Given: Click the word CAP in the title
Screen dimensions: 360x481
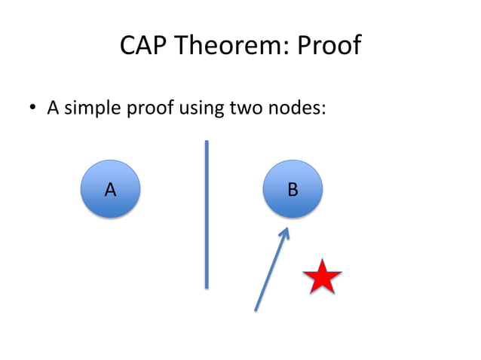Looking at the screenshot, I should (143, 47).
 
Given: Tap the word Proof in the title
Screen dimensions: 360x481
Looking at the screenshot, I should (329, 47).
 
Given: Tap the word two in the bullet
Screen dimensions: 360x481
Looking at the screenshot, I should (242, 108).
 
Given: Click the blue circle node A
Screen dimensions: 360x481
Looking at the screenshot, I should (110, 188).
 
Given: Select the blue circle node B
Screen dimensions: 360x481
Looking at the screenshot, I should (293, 188).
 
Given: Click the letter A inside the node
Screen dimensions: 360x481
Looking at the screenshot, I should (110, 189).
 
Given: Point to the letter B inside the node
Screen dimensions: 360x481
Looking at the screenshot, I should (293, 189).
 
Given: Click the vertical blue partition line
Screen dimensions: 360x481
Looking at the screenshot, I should (206, 215).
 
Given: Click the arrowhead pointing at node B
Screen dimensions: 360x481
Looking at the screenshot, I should (285, 233).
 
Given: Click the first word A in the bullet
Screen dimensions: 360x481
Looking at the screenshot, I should (53, 108).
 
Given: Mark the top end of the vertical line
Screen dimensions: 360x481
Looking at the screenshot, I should (206, 142).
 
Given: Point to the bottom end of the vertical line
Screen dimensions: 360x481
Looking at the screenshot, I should (206, 285).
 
